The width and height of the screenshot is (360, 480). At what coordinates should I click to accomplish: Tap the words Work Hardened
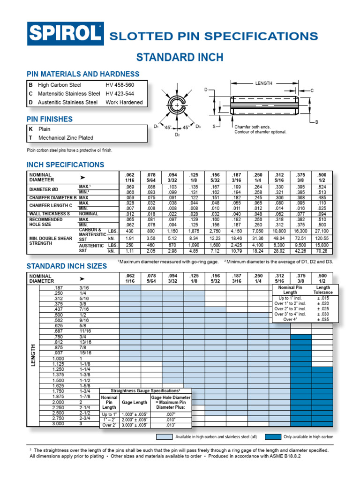[x=124, y=102]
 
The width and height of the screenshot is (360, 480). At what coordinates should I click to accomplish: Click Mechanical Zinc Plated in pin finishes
[x=66, y=138]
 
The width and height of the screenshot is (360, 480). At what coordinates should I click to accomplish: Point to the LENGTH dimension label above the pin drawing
[x=263, y=83]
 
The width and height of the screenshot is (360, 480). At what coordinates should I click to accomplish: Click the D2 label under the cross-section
[x=177, y=135]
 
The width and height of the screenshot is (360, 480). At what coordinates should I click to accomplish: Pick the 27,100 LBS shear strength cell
[x=322, y=232]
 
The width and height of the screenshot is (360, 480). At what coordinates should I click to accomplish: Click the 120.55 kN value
[x=322, y=238]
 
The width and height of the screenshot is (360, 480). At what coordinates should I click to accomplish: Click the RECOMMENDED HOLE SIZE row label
[x=46, y=222]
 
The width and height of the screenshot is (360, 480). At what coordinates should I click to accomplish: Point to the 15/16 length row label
[x=85, y=353]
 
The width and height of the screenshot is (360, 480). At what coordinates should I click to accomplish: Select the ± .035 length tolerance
[x=323, y=319]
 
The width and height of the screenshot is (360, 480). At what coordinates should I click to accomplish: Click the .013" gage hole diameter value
[x=170, y=425]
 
